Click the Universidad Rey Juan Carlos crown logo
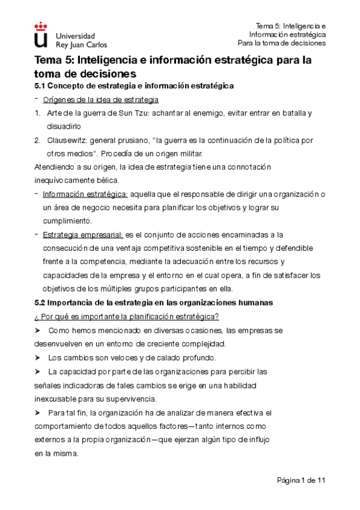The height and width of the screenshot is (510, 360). [x=41, y=35]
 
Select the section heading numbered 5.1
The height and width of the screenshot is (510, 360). [x=134, y=86]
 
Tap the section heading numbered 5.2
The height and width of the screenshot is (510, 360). [x=153, y=303]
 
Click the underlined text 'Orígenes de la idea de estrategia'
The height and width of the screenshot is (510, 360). [x=100, y=99]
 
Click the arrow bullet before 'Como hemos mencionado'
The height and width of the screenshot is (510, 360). [x=39, y=330]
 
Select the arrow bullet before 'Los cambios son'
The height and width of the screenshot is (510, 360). [x=39, y=358]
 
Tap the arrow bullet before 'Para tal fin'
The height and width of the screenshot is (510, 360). [x=39, y=413]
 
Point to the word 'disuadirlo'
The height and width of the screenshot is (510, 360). [x=63, y=126]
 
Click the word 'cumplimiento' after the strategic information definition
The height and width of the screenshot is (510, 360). [x=66, y=221]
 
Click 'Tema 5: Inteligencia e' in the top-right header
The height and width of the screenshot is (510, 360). [x=291, y=26]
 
